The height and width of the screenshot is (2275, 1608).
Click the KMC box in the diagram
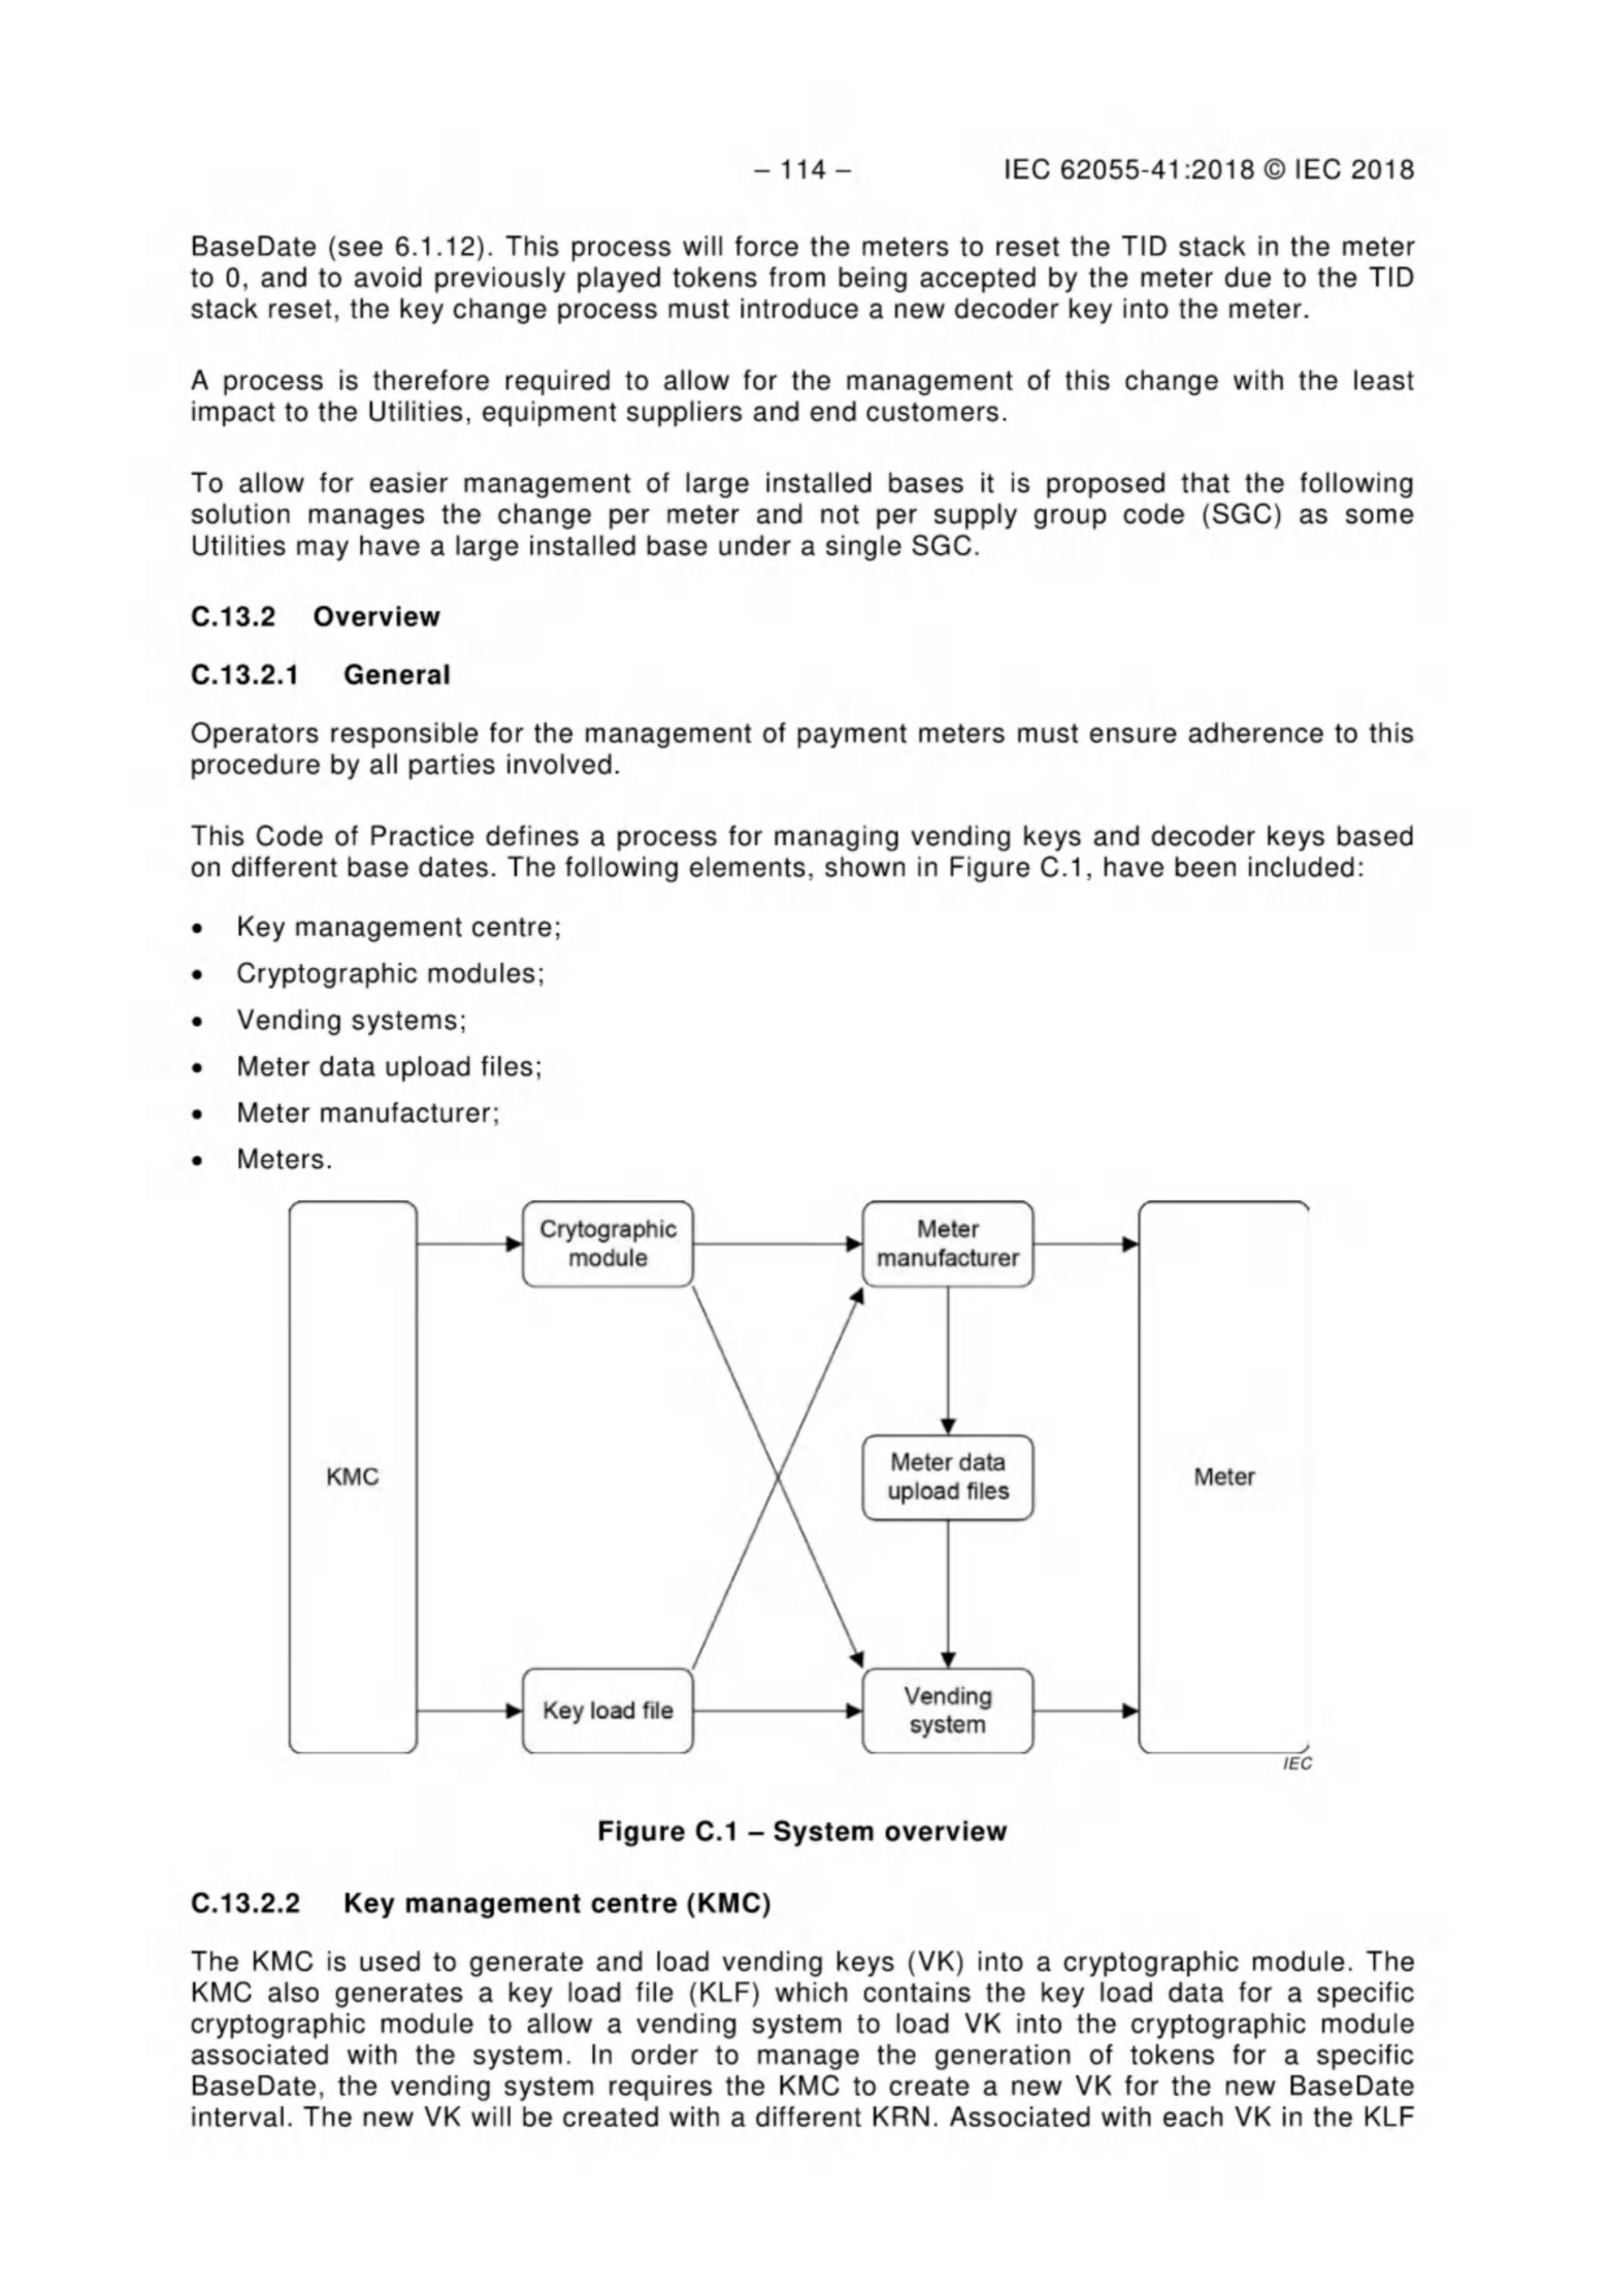coord(352,1478)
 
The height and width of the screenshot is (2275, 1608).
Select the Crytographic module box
coord(608,1245)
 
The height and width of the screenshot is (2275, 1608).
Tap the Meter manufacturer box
coord(948,1245)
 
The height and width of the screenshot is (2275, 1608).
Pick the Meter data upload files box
coord(948,1478)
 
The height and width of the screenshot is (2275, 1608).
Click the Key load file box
coord(608,1711)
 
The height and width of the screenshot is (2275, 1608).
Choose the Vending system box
coord(948,1711)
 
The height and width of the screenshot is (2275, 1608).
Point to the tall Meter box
coord(1224,1478)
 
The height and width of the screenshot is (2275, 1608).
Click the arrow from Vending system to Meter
coord(1085,1711)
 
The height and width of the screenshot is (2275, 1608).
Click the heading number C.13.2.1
coord(245,676)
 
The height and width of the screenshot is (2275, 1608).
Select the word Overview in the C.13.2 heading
coord(377,616)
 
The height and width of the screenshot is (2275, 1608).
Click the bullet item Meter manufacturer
coord(367,1113)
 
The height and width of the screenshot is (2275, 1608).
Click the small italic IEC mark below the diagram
coord(1297,1764)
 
